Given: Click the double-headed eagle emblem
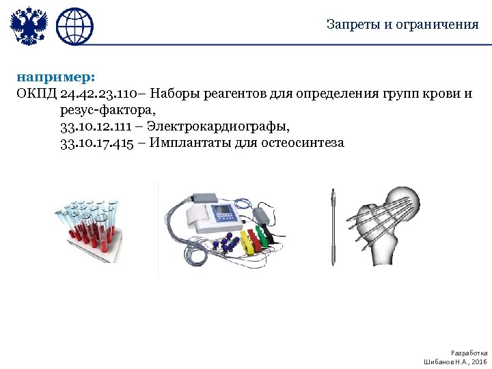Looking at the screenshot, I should [29, 26].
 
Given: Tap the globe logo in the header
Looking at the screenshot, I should [74, 26].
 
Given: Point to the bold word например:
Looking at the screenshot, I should [46, 77].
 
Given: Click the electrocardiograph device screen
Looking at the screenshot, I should [225, 213].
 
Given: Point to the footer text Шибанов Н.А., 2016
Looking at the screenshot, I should [455, 360].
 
